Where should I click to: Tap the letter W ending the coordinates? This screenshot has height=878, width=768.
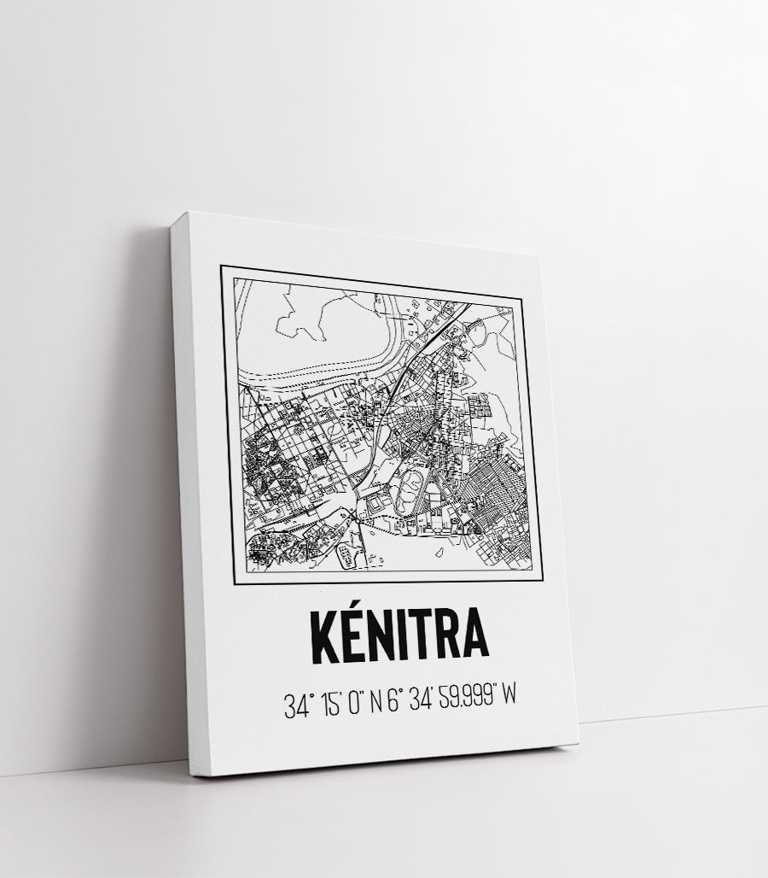coord(509,699)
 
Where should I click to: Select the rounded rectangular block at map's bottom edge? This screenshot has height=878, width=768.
coord(345,557)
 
